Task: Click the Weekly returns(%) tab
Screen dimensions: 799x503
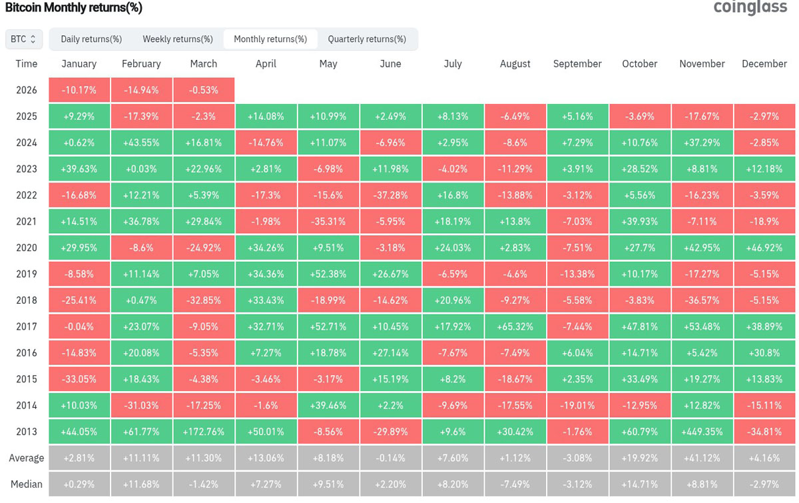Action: tap(178, 39)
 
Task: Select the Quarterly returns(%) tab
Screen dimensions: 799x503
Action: tap(367, 39)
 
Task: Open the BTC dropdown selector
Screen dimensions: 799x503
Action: tap(23, 39)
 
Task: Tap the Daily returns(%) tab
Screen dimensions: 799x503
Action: tap(91, 39)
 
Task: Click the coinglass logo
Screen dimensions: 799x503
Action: tap(750, 7)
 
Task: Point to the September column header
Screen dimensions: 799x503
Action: tap(577, 63)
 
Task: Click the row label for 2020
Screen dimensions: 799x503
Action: tap(27, 247)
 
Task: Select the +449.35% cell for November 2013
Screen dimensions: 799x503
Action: tap(702, 432)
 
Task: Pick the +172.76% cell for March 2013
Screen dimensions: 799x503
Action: tap(204, 432)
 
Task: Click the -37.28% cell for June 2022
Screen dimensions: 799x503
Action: tap(391, 195)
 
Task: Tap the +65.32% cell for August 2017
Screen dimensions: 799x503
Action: tap(515, 326)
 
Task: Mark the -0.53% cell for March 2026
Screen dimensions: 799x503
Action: tap(204, 90)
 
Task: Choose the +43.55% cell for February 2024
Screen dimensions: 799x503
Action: tap(141, 143)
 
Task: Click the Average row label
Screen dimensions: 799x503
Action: tap(27, 458)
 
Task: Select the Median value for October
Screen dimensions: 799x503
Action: tap(640, 484)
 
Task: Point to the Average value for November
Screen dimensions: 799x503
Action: tap(702, 458)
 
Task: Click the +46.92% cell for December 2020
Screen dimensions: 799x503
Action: tap(764, 248)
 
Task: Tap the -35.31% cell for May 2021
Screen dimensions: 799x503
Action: tap(328, 222)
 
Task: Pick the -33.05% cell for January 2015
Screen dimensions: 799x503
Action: tap(79, 379)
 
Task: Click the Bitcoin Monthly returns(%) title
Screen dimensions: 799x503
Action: tap(74, 7)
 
